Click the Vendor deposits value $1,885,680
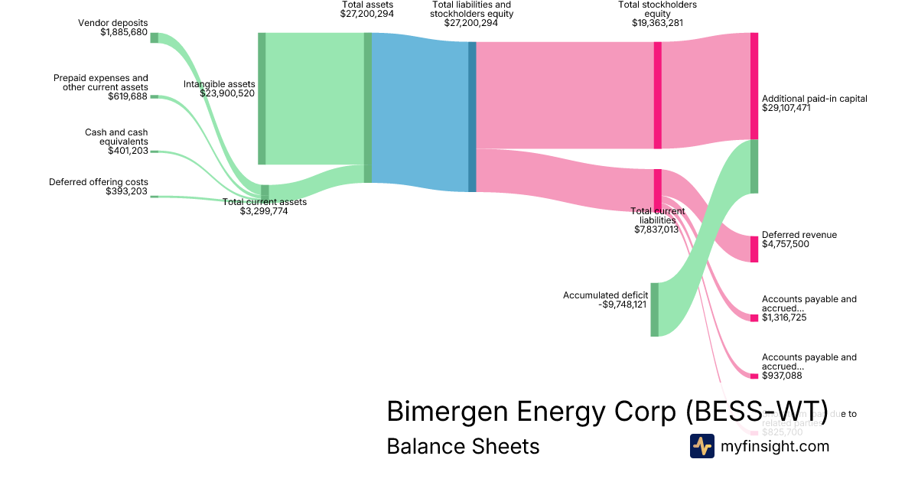click(124, 33)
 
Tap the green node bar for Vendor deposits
click(154, 37)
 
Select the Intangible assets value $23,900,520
click(227, 93)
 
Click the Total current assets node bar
click(265, 191)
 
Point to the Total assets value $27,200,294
click(367, 14)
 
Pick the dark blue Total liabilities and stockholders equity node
click(472, 116)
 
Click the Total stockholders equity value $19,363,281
click(657, 23)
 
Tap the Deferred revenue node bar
click(754, 249)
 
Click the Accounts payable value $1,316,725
click(784, 318)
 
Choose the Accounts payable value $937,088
click(781, 376)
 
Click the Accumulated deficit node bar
click(654, 309)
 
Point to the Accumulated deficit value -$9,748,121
click(623, 305)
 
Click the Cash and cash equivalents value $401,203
click(128, 151)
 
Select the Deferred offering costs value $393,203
click(126, 191)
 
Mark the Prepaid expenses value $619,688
click(127, 96)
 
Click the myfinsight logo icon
click(702, 446)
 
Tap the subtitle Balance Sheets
click(463, 447)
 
